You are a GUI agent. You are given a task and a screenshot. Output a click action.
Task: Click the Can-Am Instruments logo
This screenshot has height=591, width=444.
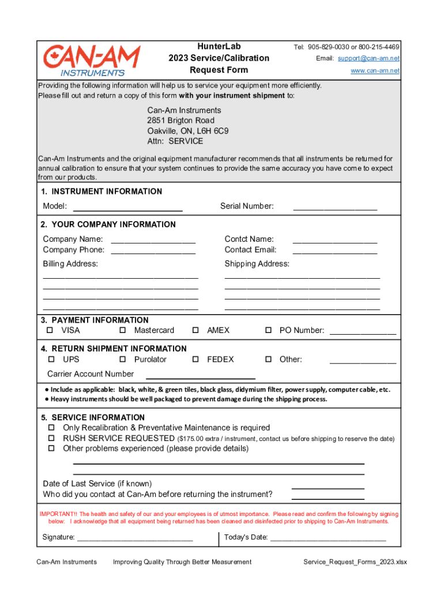pyautogui.click(x=92, y=61)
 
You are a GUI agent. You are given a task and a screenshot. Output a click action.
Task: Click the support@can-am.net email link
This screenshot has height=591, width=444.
pyautogui.click(x=368, y=58)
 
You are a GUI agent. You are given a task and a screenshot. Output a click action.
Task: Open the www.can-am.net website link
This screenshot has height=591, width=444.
pyautogui.click(x=375, y=70)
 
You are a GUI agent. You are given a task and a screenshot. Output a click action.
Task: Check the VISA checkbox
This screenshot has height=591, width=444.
pyautogui.click(x=50, y=331)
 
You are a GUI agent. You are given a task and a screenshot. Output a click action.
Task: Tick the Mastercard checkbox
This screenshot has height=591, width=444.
pyautogui.click(x=123, y=331)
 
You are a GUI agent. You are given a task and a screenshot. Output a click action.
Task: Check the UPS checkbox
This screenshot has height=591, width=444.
pyautogui.click(x=50, y=360)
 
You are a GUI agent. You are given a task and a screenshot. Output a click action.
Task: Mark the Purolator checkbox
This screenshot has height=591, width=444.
pyautogui.click(x=123, y=360)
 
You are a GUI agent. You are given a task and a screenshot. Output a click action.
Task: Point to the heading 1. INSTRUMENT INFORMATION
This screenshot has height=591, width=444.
pyautogui.click(x=101, y=192)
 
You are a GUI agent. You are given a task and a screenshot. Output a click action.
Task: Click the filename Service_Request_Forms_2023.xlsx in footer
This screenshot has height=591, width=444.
pyautogui.click(x=355, y=562)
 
